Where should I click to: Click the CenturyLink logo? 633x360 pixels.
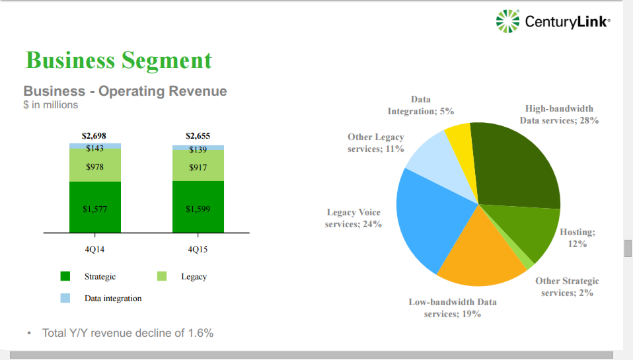(x=552, y=22)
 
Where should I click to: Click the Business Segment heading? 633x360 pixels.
(x=119, y=60)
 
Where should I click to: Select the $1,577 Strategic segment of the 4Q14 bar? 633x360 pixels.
(x=95, y=208)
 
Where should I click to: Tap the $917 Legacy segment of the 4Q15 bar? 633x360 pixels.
(x=198, y=166)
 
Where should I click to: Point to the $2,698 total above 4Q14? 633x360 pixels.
(x=94, y=135)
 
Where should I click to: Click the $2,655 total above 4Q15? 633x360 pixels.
(x=198, y=135)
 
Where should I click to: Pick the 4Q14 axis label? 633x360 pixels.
(x=94, y=250)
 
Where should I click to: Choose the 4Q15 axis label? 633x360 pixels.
(x=198, y=250)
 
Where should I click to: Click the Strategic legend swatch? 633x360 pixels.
(x=65, y=276)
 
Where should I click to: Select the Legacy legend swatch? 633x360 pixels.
(x=162, y=276)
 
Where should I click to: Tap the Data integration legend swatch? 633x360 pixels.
(x=65, y=298)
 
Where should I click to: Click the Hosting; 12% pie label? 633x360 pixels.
(x=577, y=238)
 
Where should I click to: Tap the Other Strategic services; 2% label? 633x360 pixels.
(x=567, y=287)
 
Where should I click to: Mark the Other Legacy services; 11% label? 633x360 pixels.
(x=376, y=143)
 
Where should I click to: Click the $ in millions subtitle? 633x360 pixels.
(x=51, y=105)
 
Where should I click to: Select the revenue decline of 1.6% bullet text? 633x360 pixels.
(x=128, y=333)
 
